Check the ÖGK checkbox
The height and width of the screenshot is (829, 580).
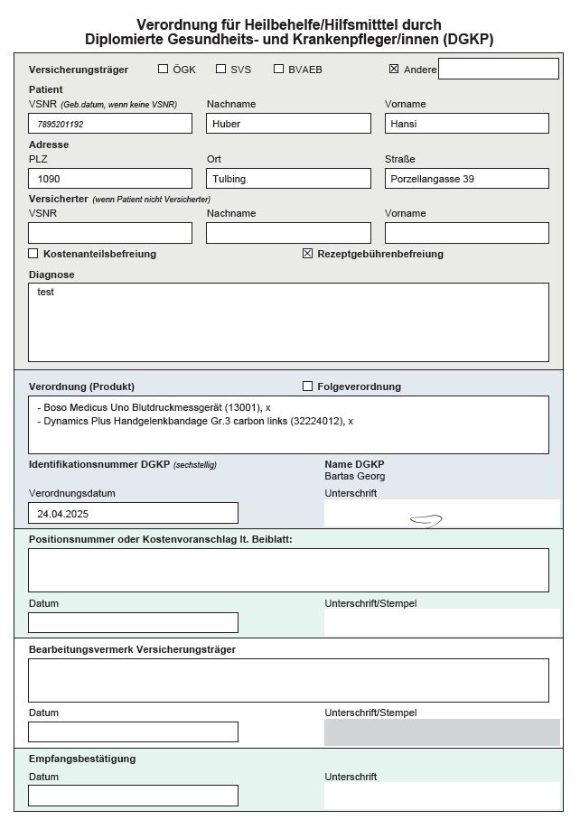[x=164, y=69]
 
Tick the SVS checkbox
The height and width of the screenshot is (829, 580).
[x=220, y=69]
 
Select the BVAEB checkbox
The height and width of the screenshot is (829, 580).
[x=278, y=69]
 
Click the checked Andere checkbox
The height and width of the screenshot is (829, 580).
[x=394, y=69]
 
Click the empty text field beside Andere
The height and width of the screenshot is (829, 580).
[x=498, y=69]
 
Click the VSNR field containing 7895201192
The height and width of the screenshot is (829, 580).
[x=110, y=124]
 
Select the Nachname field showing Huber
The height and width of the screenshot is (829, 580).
[x=288, y=124]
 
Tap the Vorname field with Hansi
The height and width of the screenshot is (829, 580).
[x=466, y=124]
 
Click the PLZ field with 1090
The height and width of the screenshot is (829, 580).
[x=110, y=179]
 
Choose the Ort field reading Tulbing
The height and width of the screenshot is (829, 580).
[x=288, y=179]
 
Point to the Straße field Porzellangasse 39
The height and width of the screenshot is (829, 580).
[x=466, y=179]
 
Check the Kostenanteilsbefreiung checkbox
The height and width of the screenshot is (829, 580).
[x=34, y=254]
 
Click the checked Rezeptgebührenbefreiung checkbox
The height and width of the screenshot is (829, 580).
[x=308, y=254]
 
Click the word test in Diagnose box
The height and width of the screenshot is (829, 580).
[x=45, y=293]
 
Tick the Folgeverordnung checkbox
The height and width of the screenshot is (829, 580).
[x=308, y=387]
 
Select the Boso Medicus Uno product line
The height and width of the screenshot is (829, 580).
[x=154, y=408]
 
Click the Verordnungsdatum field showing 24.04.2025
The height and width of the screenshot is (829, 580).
[x=133, y=513]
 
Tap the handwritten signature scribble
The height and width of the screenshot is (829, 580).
[x=426, y=520]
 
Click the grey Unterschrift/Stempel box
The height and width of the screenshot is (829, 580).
[x=442, y=732]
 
